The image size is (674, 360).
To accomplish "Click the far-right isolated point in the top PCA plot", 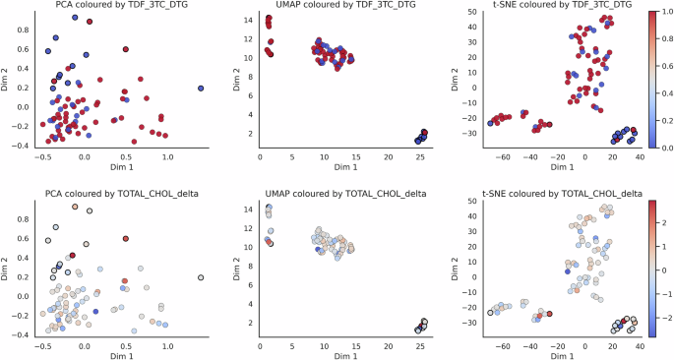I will (201, 89).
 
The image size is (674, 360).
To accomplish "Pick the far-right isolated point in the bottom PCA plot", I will (201, 278).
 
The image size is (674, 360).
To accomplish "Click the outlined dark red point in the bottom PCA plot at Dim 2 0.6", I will (126, 238).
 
